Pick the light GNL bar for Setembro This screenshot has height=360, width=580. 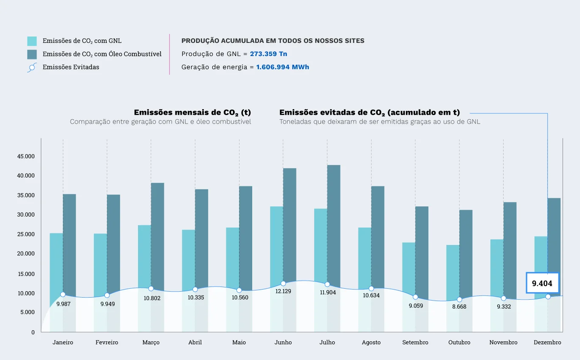pos(408,267)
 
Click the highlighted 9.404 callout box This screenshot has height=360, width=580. pos(542,283)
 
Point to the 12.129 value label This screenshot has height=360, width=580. pos(283,291)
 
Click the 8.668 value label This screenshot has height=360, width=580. pos(459,307)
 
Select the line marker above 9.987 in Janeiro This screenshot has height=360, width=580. pos(63,295)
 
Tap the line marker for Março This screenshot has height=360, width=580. pos(151,289)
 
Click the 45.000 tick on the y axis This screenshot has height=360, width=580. pos(26,156)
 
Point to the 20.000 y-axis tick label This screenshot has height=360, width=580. pos(26,254)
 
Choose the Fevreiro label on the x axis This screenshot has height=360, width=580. pos(107,342)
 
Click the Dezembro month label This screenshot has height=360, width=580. pos(547,342)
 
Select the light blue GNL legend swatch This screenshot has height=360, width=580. pos(32,41)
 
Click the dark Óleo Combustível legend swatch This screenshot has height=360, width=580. pos(32,54)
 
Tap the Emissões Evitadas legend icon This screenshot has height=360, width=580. pos(32,67)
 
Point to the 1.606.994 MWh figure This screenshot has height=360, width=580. pos(282,67)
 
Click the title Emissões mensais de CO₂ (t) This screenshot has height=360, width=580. pos(192,112)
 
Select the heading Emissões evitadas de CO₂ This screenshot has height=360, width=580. pos(369,112)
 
